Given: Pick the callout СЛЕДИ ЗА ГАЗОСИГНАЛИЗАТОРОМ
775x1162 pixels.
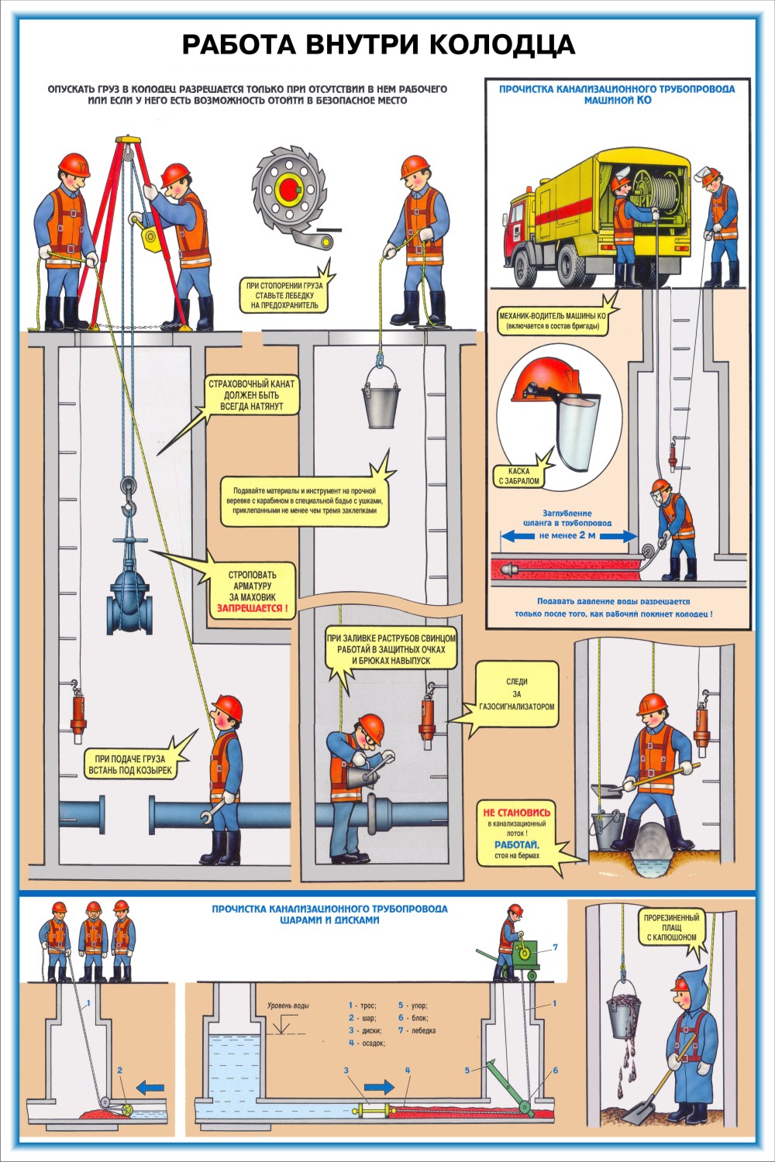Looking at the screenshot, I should click(516, 694).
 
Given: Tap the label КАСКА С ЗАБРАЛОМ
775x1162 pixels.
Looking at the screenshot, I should click(518, 476).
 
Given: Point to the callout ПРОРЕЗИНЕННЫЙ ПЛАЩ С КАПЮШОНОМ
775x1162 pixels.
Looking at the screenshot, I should click(671, 927).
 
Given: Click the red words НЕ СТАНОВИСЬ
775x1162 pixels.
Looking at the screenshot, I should click(517, 812).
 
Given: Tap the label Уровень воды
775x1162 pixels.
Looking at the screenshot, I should click(288, 1006).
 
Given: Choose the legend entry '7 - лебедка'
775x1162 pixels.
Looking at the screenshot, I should click(417, 1030).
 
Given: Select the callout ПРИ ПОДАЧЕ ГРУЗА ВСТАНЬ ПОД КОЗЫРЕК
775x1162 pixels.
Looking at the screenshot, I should click(132, 765).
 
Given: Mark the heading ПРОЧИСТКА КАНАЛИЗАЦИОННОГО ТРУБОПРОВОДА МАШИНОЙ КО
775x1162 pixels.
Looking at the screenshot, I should click(617, 95).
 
